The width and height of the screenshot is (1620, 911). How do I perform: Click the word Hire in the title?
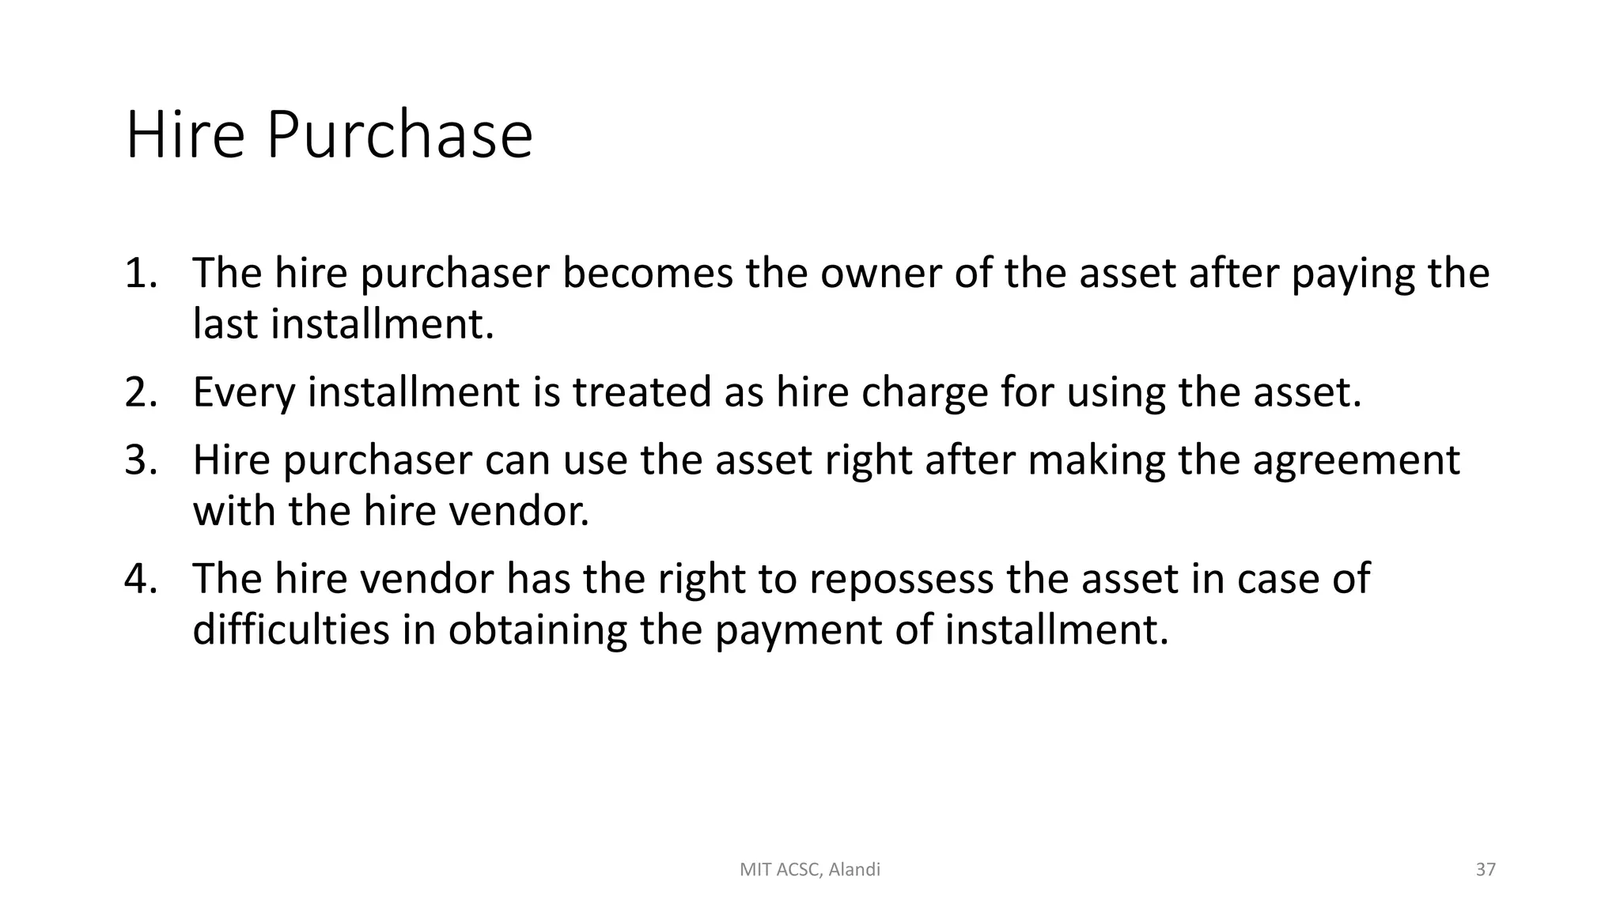click(x=185, y=135)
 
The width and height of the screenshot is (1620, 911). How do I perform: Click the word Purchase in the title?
click(x=399, y=135)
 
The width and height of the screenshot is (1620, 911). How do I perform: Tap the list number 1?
click(x=140, y=273)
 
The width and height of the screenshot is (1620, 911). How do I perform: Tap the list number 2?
click(x=140, y=392)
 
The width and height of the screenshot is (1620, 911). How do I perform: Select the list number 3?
click(x=140, y=460)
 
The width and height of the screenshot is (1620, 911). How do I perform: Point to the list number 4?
click(x=140, y=579)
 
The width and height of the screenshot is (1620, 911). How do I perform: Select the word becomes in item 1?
click(x=648, y=273)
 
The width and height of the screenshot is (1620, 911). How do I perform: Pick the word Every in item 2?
click(x=243, y=394)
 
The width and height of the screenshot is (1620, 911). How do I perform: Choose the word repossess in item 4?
click(x=900, y=580)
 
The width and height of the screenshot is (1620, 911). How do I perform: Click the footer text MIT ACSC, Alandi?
click(x=809, y=870)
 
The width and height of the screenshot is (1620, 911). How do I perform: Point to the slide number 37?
click(x=1486, y=870)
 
